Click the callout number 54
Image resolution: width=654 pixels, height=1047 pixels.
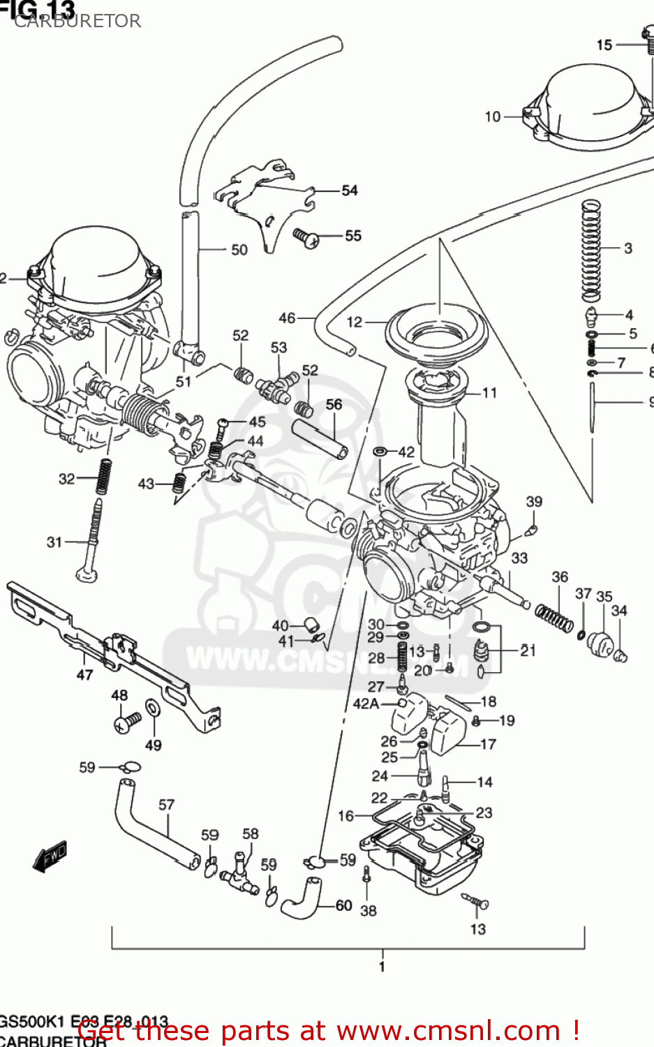pyautogui.click(x=349, y=191)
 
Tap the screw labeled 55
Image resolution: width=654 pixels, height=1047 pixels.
pyautogui.click(x=305, y=237)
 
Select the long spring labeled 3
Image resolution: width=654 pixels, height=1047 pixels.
pyautogui.click(x=591, y=250)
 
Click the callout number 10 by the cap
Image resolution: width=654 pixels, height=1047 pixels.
pyautogui.click(x=493, y=117)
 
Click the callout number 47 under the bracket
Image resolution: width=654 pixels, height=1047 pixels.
pyautogui.click(x=84, y=674)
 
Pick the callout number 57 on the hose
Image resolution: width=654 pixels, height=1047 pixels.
pyautogui.click(x=166, y=805)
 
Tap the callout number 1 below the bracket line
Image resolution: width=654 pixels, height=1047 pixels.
pyautogui.click(x=382, y=967)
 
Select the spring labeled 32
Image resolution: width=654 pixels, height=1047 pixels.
pyautogui.click(x=104, y=477)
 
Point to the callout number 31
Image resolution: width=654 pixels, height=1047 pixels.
pyautogui.click(x=54, y=542)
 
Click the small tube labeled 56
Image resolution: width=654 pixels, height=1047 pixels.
pyautogui.click(x=320, y=438)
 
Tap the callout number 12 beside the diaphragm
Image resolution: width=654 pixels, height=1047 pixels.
pyautogui.click(x=355, y=322)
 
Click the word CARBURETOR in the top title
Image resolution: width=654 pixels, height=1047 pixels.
pyautogui.click(x=77, y=21)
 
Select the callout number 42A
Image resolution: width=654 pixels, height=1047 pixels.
pyautogui.click(x=366, y=704)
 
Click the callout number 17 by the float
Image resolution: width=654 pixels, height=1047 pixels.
pyautogui.click(x=488, y=744)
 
